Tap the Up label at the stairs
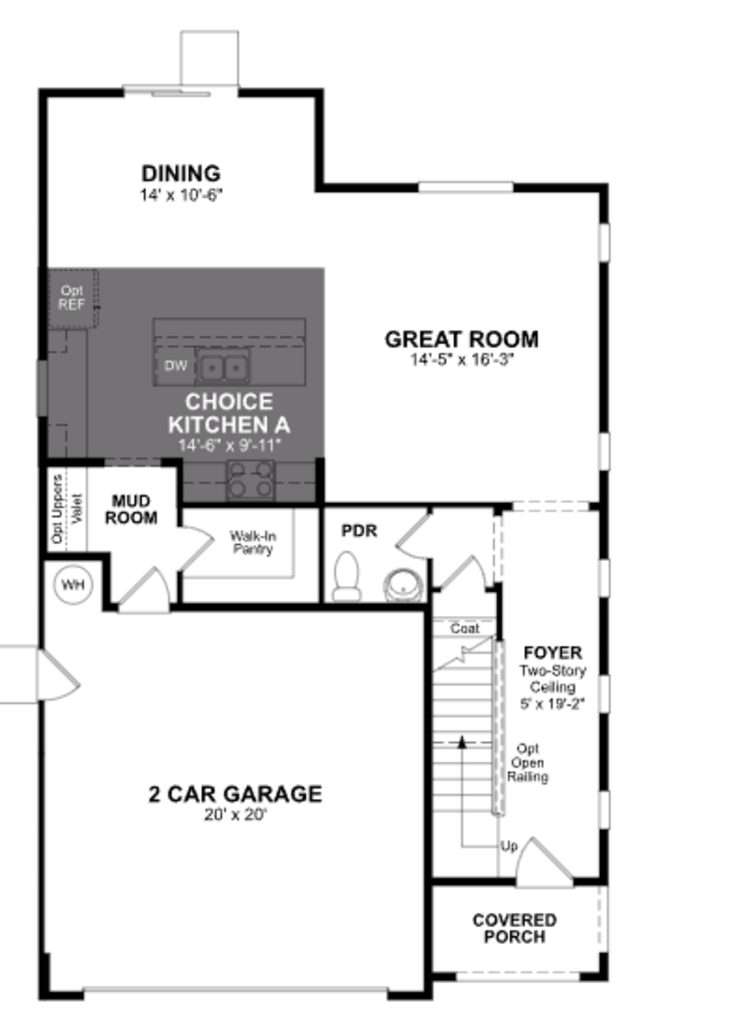coord(509,846)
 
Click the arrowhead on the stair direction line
coord(462,742)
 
